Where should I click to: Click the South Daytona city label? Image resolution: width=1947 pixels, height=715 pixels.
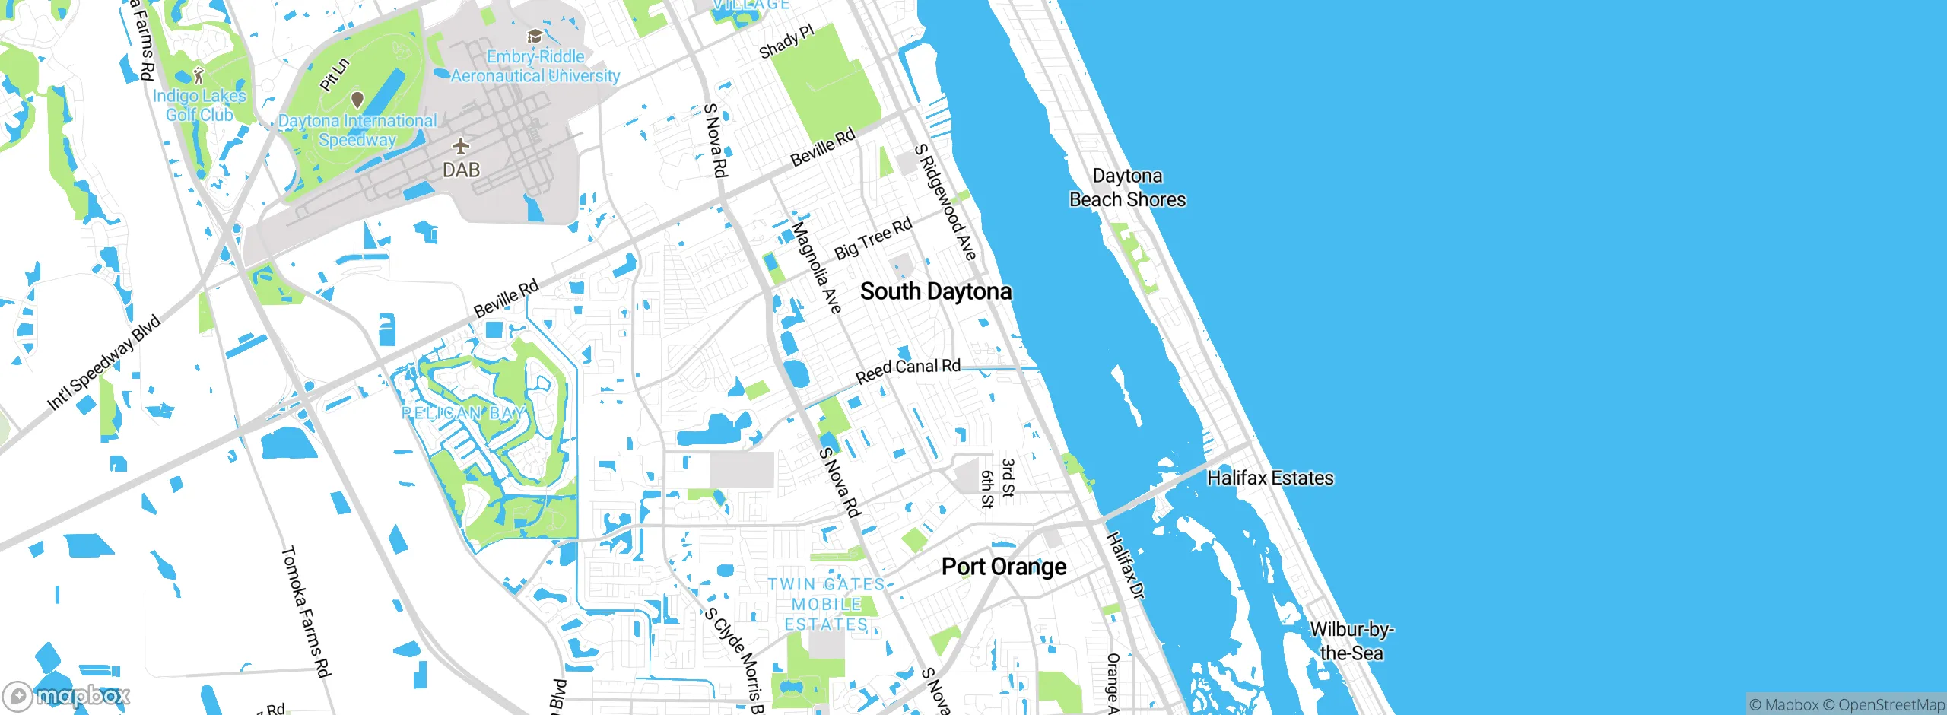[x=935, y=291]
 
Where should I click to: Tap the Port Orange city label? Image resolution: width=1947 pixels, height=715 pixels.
[x=1003, y=567]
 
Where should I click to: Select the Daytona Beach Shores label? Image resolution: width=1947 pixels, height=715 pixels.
[x=1127, y=188]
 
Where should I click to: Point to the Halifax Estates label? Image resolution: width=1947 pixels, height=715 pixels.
[x=1270, y=478]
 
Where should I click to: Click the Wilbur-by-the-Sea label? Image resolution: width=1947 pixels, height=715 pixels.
[x=1351, y=641]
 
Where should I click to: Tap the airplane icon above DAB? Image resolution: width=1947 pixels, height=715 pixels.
[x=461, y=146]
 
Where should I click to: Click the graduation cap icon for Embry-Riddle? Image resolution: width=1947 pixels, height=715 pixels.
[x=535, y=37]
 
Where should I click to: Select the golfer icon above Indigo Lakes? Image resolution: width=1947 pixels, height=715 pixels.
[x=199, y=75]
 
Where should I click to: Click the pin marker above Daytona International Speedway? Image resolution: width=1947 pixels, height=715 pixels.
[x=357, y=100]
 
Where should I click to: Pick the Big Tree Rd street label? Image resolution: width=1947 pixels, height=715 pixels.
[x=873, y=239]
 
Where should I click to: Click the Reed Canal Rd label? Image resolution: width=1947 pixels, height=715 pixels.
[x=908, y=371]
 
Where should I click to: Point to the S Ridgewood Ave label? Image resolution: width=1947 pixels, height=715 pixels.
[x=945, y=202]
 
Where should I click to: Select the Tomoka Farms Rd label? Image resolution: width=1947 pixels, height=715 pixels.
[x=306, y=611]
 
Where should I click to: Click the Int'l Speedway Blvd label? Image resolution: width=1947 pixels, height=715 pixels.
[x=104, y=362]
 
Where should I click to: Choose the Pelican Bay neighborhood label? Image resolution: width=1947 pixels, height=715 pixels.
[x=463, y=413]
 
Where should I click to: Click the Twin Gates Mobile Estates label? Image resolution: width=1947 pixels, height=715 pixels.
[x=826, y=604]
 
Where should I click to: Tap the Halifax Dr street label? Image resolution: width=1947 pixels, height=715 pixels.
[x=1125, y=566]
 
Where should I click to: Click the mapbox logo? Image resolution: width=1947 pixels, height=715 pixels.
[x=66, y=695]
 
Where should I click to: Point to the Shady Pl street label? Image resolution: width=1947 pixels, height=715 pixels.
[x=786, y=41]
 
